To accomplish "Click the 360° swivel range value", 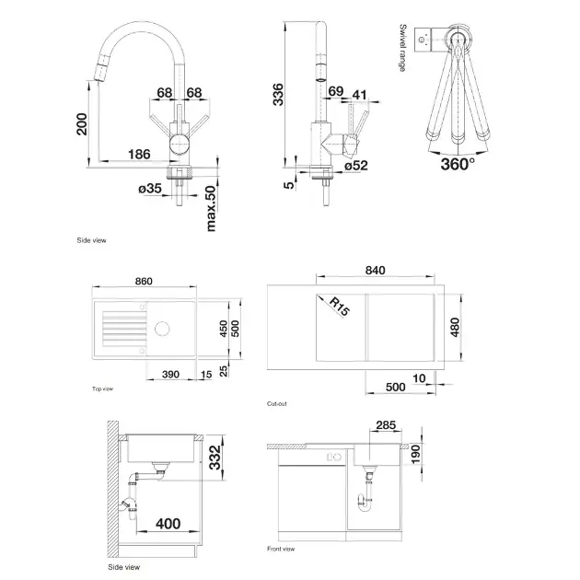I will coord(458,163).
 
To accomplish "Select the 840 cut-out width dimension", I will coord(376,270).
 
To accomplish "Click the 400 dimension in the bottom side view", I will coord(168,524).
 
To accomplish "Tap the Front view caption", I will coord(282,550).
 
